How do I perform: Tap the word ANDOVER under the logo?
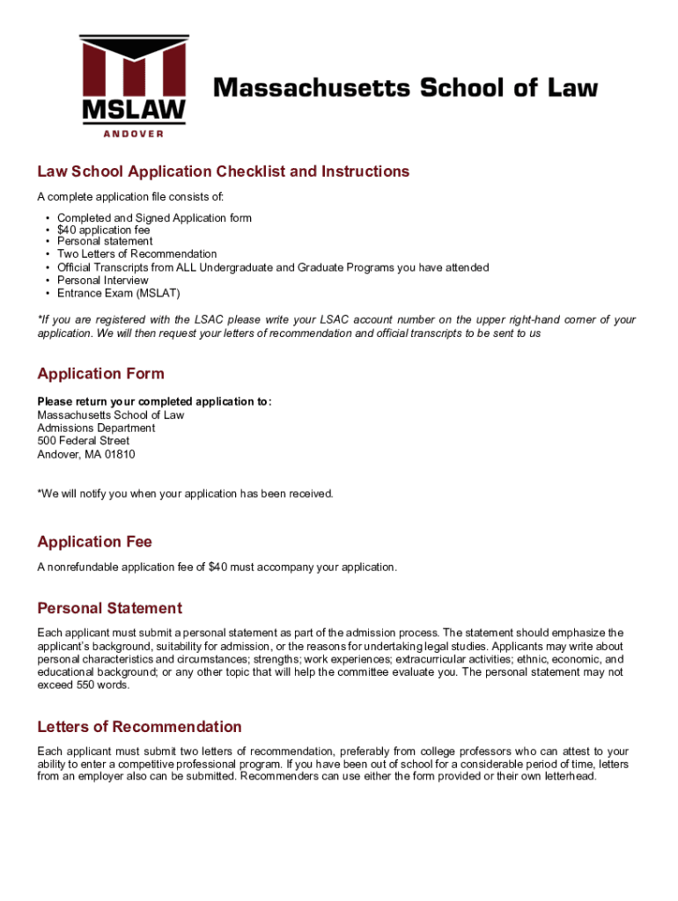[133, 134]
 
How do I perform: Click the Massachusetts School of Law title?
[406, 88]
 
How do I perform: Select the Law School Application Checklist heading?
[223, 172]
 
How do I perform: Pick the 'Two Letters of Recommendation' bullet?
[136, 254]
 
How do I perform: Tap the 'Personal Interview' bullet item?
[103, 280]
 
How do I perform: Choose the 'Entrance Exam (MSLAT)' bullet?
[118, 293]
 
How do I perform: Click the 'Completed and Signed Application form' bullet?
[154, 217]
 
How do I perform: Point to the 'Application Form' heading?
[100, 374]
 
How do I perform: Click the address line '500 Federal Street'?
[83, 441]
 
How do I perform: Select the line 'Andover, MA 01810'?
[86, 455]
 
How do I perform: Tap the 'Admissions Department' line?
[96, 429]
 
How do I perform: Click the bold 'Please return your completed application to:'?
[154, 402]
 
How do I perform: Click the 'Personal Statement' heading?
[109, 608]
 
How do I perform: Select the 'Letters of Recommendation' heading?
[139, 727]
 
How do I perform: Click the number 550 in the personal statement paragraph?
[86, 685]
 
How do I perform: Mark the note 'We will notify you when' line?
[185, 494]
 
